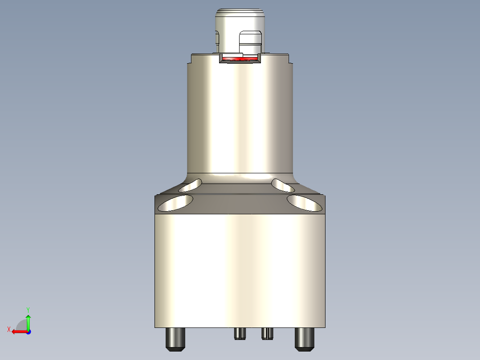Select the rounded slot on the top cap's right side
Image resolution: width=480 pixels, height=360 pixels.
pyautogui.click(x=251, y=40)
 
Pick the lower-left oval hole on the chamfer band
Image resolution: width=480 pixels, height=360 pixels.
pyautogui.click(x=175, y=203)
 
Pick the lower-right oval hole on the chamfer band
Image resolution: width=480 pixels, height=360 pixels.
pyautogui.click(x=305, y=203)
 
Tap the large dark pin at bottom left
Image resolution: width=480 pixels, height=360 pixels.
pyautogui.click(x=175, y=339)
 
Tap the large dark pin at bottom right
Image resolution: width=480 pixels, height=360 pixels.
pyautogui.click(x=305, y=339)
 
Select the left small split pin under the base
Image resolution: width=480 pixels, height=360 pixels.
pyautogui.click(x=240, y=333)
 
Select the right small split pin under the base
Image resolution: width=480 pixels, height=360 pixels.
pyautogui.click(x=267, y=333)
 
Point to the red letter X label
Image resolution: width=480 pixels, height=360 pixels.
pyautogui.click(x=9, y=329)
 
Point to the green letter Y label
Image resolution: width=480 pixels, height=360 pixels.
pyautogui.click(x=28, y=309)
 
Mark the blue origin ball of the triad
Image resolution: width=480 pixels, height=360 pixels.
pyautogui.click(x=28, y=331)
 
